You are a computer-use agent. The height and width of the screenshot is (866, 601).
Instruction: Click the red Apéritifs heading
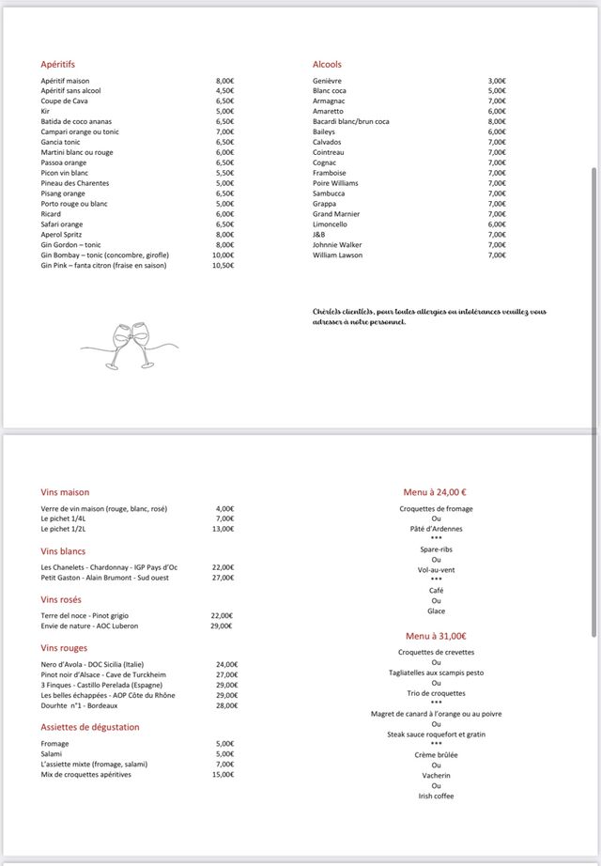click(57, 64)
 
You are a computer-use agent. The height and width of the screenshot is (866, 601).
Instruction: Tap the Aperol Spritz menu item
click(63, 235)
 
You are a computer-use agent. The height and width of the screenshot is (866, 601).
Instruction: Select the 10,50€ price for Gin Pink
click(223, 266)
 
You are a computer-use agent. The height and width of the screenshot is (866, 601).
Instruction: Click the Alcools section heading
click(327, 64)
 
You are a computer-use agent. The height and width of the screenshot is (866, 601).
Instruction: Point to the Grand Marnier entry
click(336, 214)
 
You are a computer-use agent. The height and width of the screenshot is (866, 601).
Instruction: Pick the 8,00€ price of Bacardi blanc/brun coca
click(497, 121)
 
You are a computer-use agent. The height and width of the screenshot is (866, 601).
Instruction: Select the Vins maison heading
click(65, 491)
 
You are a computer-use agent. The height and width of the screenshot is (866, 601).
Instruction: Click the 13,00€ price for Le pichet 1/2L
click(224, 529)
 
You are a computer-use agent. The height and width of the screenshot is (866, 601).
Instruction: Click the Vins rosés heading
click(61, 599)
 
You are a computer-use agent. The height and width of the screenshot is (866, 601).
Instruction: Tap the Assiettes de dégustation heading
click(90, 727)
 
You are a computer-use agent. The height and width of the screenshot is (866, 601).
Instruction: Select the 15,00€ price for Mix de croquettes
click(223, 775)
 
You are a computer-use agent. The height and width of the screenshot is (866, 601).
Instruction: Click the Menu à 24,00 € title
click(436, 491)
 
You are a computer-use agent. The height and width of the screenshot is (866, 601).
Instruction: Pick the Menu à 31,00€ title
click(436, 636)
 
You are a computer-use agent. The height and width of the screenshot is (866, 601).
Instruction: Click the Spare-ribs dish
click(436, 549)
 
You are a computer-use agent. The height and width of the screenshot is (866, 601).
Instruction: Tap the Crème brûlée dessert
click(436, 754)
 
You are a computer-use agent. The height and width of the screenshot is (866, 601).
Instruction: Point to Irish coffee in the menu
click(436, 796)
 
